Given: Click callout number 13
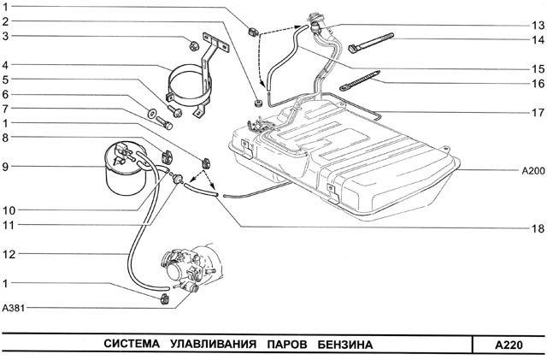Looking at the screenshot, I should (x=538, y=25).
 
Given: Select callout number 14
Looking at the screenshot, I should (x=538, y=39).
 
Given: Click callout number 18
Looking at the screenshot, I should (x=538, y=228).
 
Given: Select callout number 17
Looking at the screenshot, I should (x=538, y=111).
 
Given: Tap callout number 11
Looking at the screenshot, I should (x=7, y=225).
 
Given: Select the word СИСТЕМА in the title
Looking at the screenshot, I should (x=135, y=345).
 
